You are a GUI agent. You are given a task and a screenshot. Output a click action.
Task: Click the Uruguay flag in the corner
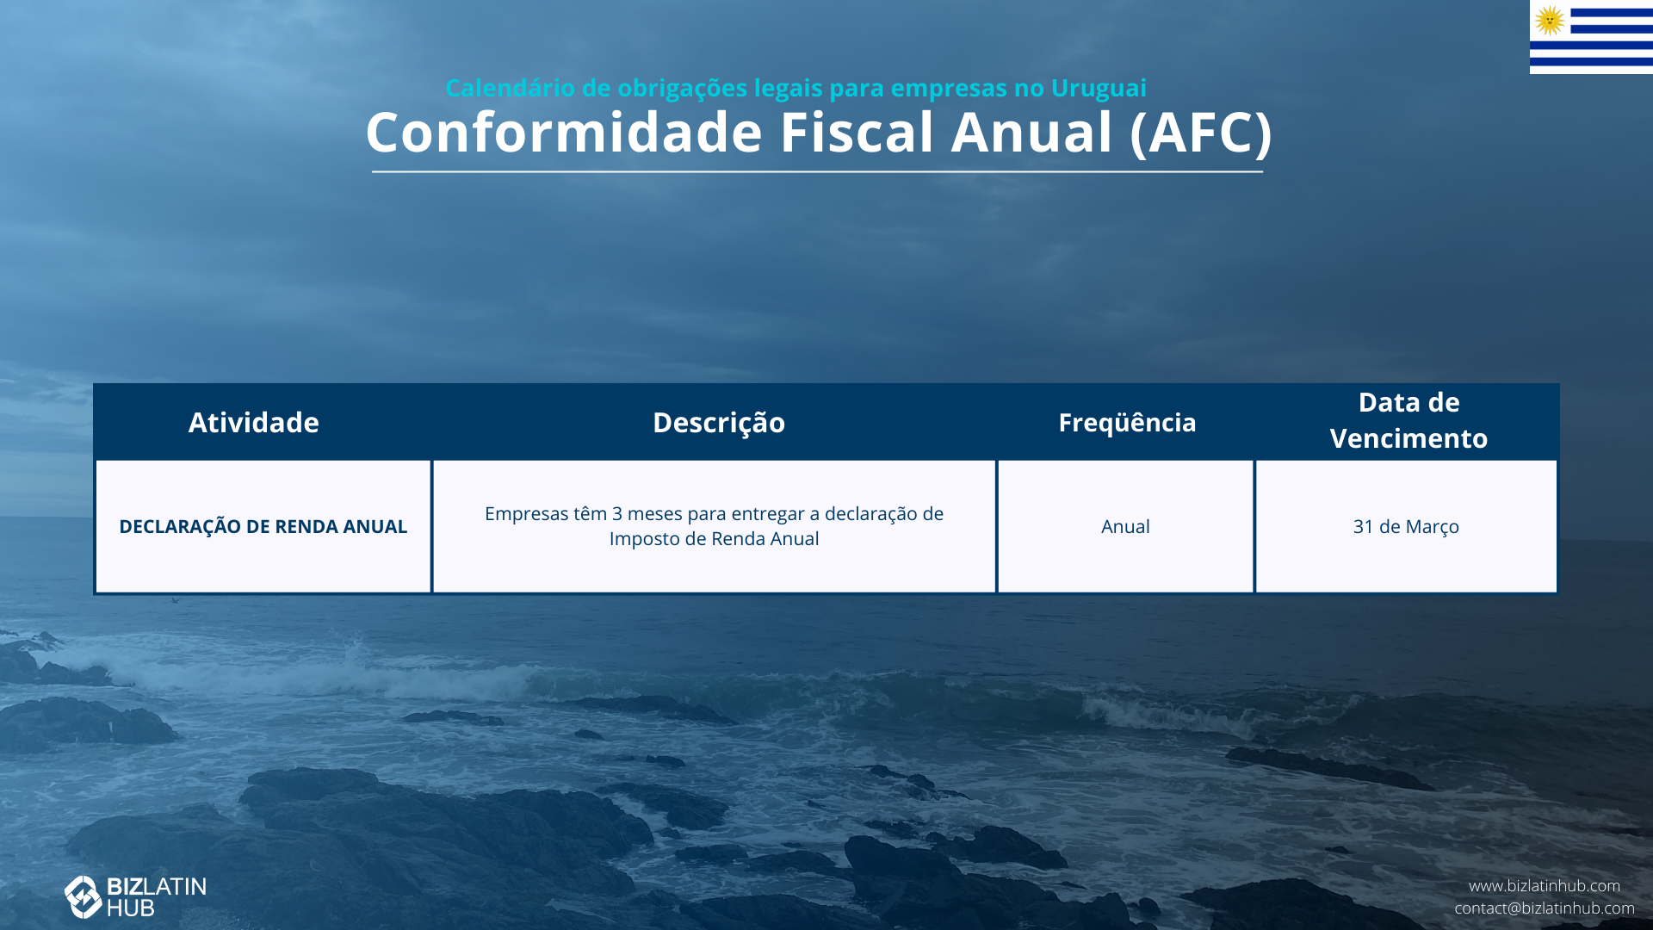(1591, 37)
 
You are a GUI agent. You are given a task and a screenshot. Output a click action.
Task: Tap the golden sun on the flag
(1550, 20)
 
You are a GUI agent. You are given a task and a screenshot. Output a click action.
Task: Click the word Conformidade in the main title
(565, 133)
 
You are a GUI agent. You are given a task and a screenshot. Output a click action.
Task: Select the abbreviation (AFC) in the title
(1200, 133)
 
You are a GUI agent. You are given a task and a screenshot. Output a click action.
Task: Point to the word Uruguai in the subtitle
(1099, 88)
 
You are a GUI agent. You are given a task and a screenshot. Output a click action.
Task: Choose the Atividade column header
(254, 422)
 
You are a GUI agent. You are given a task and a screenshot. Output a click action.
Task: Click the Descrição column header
(719, 423)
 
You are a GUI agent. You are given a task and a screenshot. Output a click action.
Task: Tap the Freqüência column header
(1127, 422)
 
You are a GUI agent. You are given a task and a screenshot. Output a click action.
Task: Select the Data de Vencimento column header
(1408, 420)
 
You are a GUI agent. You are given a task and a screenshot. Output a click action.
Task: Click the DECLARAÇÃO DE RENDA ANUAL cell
(263, 526)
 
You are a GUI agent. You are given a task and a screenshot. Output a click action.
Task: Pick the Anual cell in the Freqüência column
(1125, 526)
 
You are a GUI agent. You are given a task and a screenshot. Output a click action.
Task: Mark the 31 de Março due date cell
(1406, 527)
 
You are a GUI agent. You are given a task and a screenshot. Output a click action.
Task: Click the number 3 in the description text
(616, 514)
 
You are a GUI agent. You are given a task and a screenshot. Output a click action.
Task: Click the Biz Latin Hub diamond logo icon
(84, 897)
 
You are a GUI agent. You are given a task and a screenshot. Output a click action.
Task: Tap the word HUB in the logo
(131, 908)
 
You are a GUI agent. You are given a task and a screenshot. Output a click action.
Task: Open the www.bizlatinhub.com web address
(1545, 886)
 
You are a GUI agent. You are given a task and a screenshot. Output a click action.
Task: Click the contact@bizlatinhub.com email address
(1545, 908)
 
